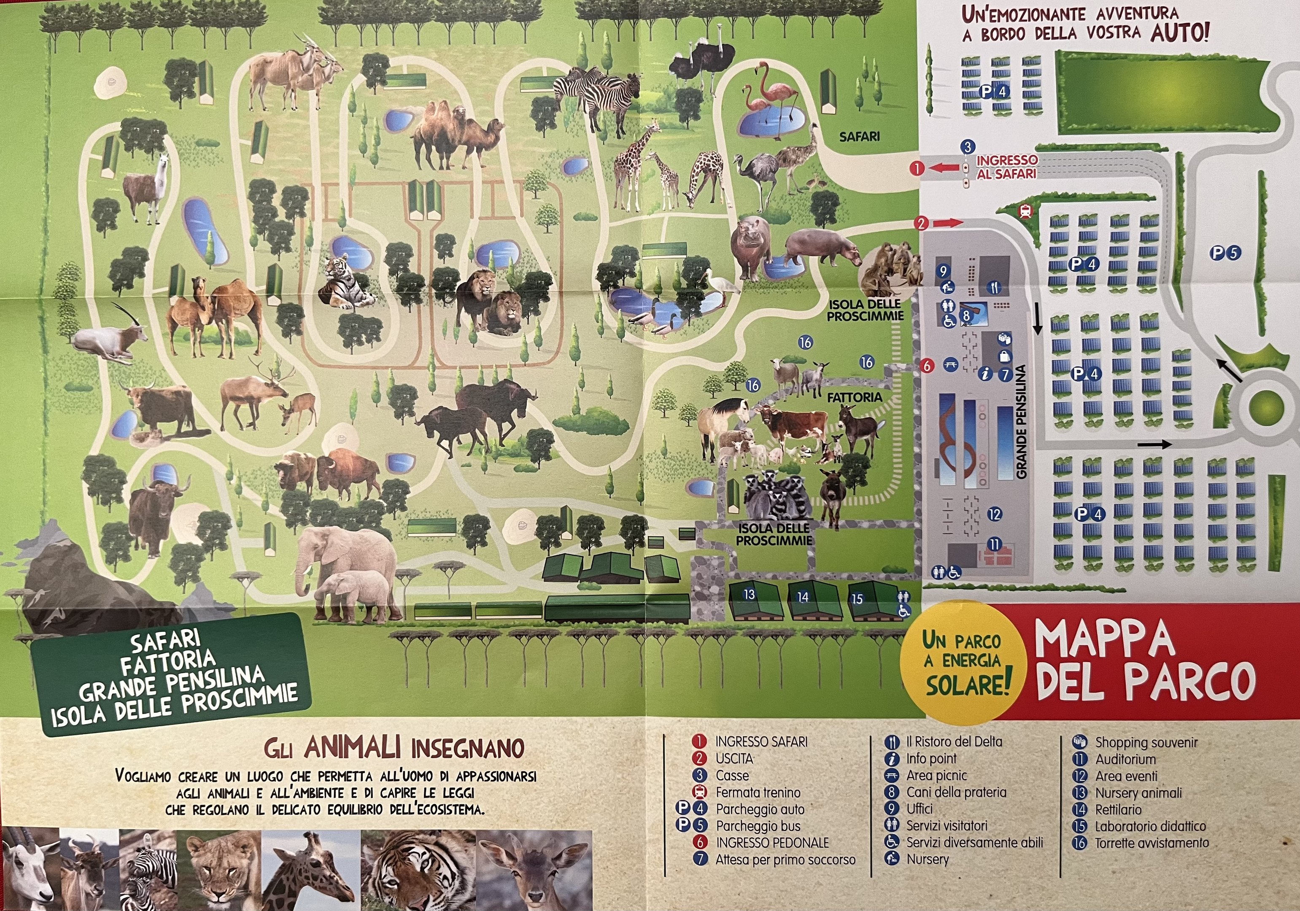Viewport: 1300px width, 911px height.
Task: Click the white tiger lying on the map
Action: click(x=343, y=283)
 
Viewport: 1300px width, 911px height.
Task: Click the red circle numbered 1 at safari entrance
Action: click(x=917, y=168)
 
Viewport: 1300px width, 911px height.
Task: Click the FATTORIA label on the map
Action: click(x=855, y=397)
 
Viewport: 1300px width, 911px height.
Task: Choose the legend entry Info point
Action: click(x=931, y=759)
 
